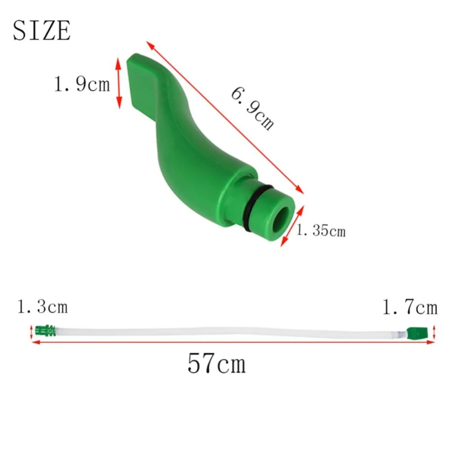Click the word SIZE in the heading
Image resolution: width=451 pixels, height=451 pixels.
pos(41,31)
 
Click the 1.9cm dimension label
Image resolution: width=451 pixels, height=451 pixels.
pos(82,84)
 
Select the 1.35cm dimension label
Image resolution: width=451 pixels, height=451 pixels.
pos(321,231)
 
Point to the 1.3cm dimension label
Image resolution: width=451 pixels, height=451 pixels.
pos(42,307)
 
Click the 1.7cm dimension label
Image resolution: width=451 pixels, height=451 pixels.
pos(410,308)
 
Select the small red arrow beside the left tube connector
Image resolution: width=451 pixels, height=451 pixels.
pos(31,332)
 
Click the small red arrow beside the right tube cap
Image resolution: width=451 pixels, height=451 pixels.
pos(434,333)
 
